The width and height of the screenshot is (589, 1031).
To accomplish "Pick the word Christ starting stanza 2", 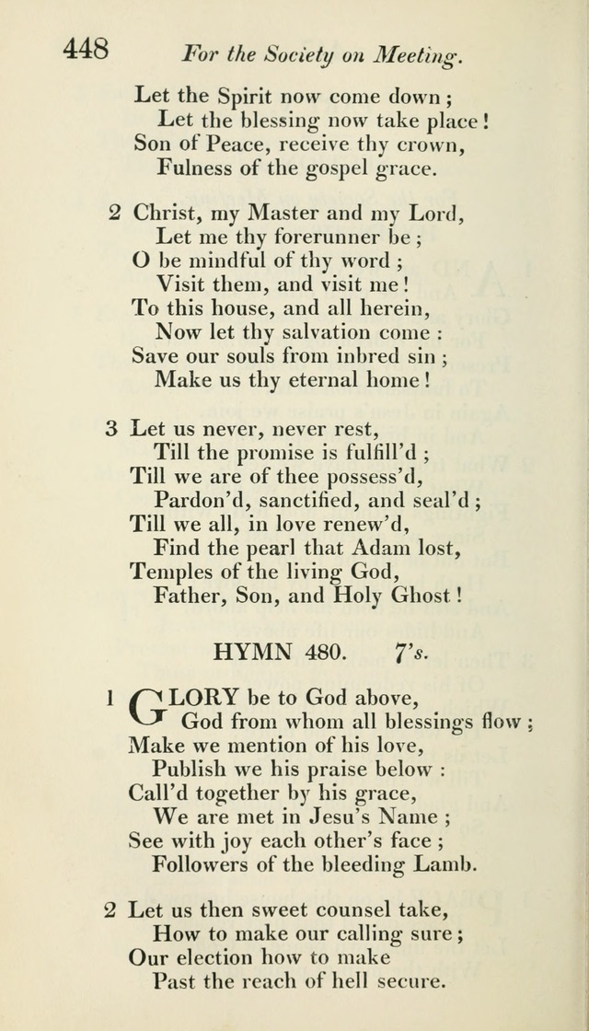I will [x=168, y=214].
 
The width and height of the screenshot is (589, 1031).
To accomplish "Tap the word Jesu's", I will [x=355, y=816].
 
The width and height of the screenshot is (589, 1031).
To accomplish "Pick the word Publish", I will [x=189, y=769].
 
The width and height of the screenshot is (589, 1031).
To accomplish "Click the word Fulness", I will [x=193, y=167].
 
